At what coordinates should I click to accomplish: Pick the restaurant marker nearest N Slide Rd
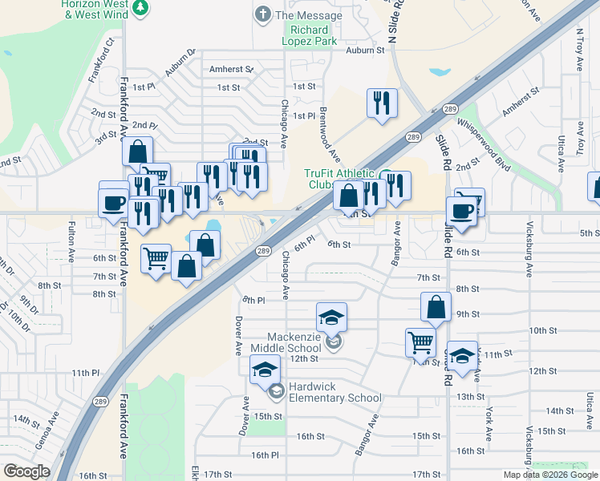(380, 103)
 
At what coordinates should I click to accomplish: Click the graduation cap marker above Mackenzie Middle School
(331, 317)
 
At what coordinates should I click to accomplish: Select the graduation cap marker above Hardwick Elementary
(263, 370)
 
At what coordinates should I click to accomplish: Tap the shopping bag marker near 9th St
(435, 306)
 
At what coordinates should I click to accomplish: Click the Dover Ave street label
(238, 336)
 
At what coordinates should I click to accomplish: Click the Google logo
(26, 471)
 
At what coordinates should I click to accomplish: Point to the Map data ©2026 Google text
(549, 475)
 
